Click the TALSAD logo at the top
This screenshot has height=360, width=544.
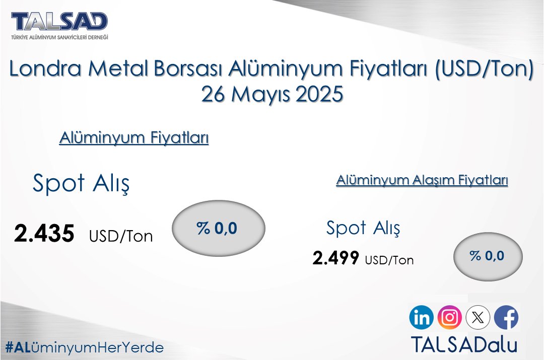(x=59, y=22)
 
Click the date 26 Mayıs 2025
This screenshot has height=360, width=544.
(x=272, y=94)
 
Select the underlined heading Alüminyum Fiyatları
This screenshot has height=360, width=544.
(x=134, y=137)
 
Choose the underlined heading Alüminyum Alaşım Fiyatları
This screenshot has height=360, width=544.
(x=422, y=181)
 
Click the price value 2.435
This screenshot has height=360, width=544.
(x=44, y=234)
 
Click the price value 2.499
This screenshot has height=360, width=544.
(x=336, y=258)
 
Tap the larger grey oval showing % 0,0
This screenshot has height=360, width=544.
(x=219, y=229)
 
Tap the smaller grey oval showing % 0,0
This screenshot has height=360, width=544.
(x=488, y=256)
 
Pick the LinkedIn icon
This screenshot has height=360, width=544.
(x=422, y=318)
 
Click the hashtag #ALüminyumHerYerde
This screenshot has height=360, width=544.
(x=84, y=347)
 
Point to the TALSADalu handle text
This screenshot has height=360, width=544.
(x=464, y=344)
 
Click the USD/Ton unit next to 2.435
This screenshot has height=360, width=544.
(x=121, y=236)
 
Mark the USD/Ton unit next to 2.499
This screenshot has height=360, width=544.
(x=389, y=260)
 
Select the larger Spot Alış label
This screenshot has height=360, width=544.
(x=81, y=183)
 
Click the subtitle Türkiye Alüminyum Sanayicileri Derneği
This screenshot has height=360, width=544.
(x=59, y=37)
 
